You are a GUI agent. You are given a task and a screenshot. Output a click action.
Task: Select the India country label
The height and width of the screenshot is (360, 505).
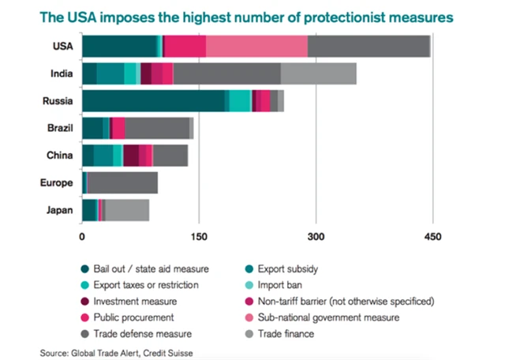62,73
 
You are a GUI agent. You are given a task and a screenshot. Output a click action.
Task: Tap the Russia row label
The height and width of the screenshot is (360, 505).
58,101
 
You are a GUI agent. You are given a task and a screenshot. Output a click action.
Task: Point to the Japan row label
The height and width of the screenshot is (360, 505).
59,210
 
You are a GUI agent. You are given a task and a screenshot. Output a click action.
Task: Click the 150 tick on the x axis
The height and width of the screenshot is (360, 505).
199,236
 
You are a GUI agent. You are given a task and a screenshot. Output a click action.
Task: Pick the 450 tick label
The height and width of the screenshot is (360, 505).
432,236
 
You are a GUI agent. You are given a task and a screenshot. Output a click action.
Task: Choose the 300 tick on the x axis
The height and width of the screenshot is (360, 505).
316,236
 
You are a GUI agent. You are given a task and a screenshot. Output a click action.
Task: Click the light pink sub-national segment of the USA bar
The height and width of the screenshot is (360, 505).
256,47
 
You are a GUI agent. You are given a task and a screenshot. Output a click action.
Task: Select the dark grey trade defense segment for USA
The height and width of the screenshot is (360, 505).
368,47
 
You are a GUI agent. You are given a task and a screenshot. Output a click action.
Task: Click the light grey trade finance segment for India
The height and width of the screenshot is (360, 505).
318,73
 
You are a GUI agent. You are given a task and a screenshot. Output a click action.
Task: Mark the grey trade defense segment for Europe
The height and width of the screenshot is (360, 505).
122,183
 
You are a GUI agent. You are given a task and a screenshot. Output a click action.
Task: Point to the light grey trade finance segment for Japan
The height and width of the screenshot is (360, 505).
126,210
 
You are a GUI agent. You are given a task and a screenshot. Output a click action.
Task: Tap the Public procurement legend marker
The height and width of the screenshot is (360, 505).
84,317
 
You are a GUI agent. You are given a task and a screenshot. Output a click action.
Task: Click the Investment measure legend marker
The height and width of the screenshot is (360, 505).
84,301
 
